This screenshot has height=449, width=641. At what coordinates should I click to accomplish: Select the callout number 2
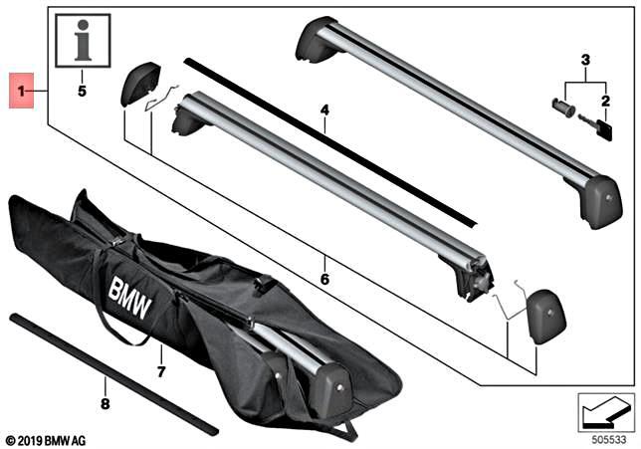pyautogui.click(x=604, y=101)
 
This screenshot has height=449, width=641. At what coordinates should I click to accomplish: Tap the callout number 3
pyautogui.click(x=585, y=63)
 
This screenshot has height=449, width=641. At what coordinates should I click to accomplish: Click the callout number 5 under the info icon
pyautogui.click(x=83, y=91)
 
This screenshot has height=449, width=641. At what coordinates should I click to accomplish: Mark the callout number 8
pyautogui.click(x=104, y=403)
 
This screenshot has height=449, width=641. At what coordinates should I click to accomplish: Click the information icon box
pyautogui.click(x=83, y=42)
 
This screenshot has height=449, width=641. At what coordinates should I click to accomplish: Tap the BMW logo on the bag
pyautogui.click(x=130, y=298)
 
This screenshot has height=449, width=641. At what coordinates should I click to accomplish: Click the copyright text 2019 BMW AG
pyautogui.click(x=48, y=438)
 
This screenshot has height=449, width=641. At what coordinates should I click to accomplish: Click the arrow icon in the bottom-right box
pyautogui.click(x=604, y=408)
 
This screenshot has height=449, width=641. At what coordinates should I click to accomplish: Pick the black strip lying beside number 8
pyautogui.click(x=109, y=373)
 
